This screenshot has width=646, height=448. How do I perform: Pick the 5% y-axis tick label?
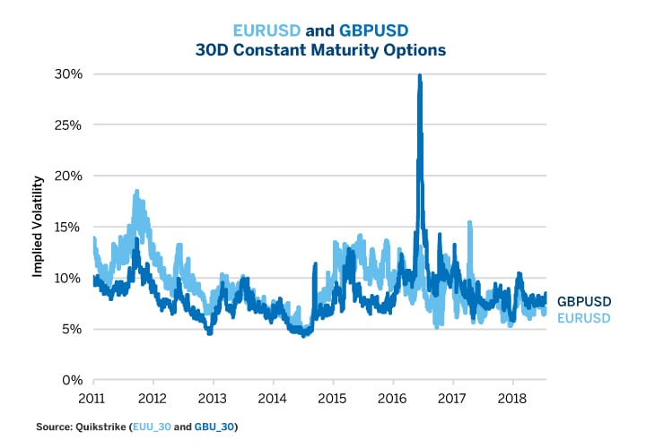(71, 329)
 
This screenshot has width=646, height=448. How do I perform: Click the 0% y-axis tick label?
(71, 380)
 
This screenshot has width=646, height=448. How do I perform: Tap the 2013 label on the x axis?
(213, 397)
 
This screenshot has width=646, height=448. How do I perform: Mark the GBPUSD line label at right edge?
(584, 302)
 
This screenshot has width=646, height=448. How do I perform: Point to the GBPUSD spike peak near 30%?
(419, 77)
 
